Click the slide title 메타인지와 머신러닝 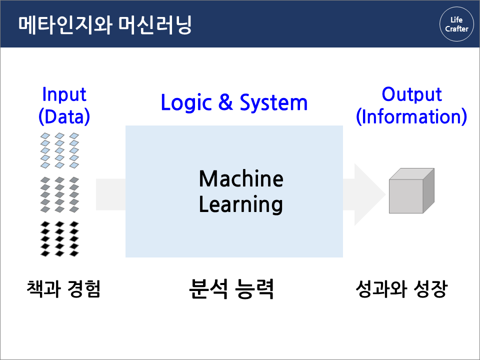105,24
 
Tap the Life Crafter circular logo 456,24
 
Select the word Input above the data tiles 64,94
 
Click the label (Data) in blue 64,116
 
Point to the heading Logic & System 234,102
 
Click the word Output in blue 411,94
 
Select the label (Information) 411,116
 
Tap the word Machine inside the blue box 241,178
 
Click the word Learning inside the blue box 241,204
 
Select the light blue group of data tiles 59,150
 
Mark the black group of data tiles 59,238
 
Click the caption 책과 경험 64,289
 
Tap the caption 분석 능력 231,288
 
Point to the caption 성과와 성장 401,289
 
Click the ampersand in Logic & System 226,102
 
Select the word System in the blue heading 273,102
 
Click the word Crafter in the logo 456,29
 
